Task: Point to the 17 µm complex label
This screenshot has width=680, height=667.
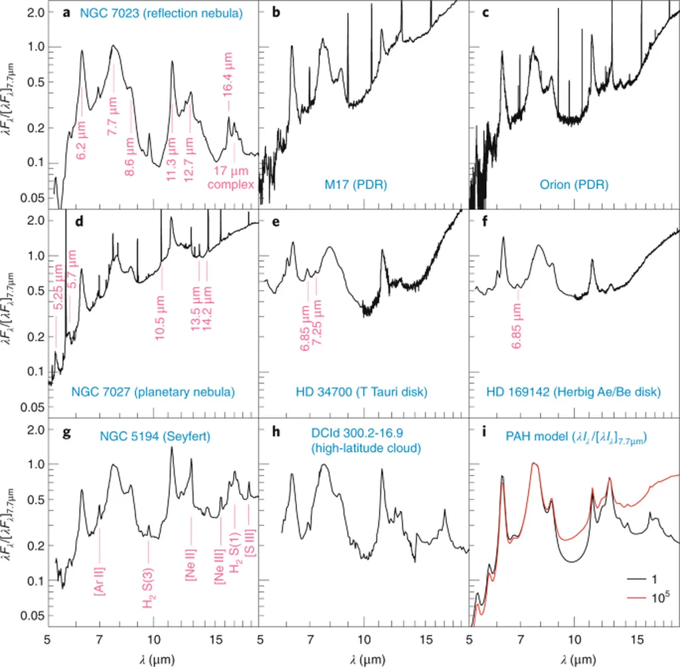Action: [231, 179]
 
